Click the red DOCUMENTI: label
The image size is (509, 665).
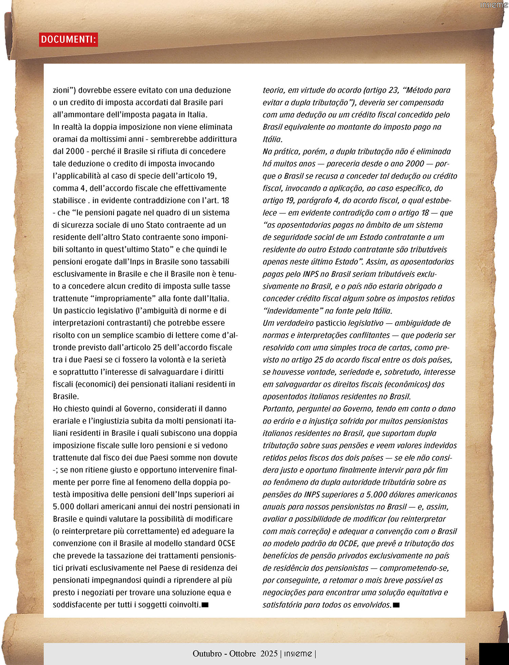(x=68, y=40)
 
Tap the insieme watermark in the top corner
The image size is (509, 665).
(x=494, y=5)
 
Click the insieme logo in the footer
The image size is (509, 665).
(x=298, y=653)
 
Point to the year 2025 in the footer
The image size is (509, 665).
(x=269, y=653)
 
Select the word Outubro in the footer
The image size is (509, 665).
(x=207, y=653)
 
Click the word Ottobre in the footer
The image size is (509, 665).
(x=242, y=653)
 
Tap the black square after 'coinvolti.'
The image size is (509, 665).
(x=205, y=605)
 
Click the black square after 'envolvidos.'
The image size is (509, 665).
(x=396, y=605)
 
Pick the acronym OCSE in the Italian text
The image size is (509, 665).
(x=226, y=543)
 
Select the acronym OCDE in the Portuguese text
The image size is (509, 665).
(x=348, y=543)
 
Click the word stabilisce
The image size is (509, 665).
(x=69, y=200)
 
